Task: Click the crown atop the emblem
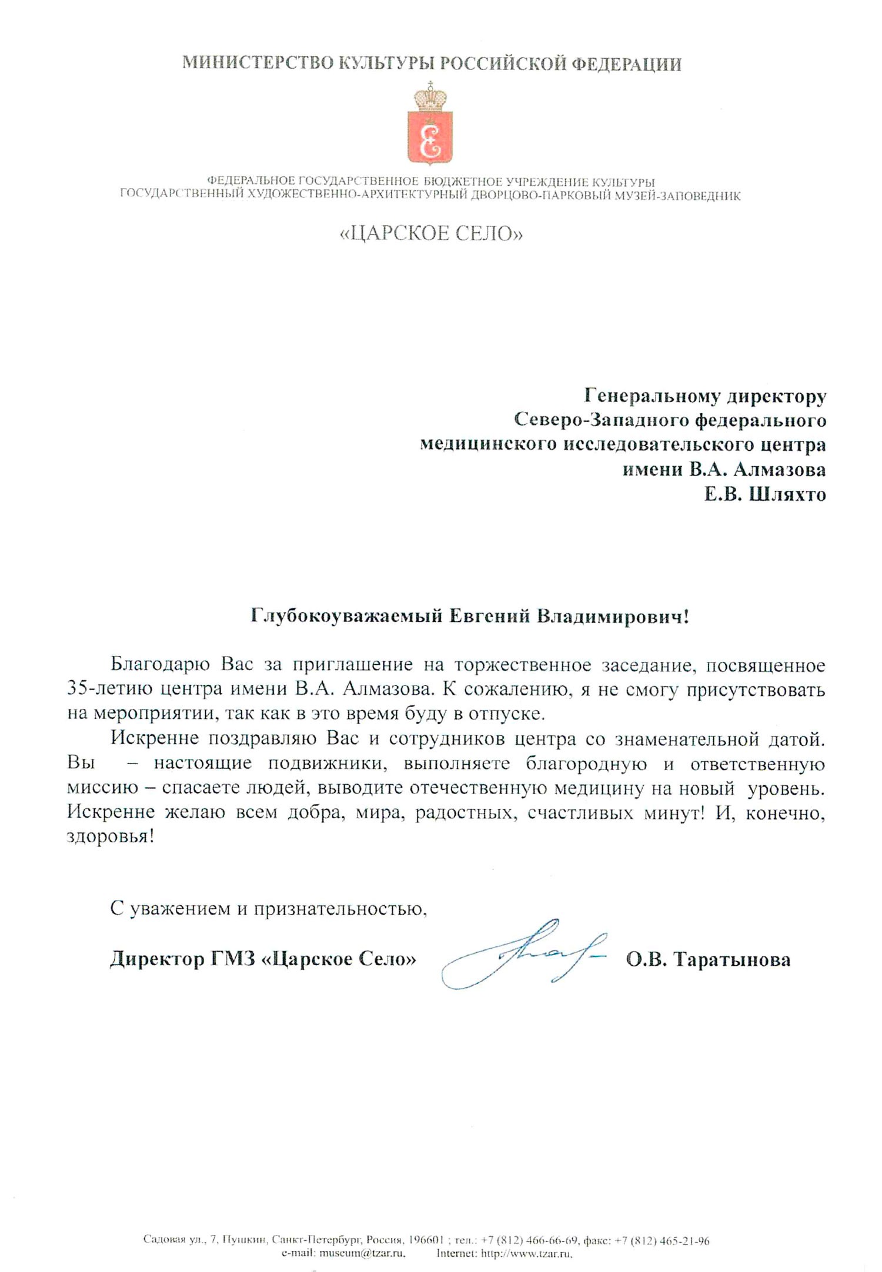[430, 96]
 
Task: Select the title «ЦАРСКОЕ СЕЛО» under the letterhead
[431, 234]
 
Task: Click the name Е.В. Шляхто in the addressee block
[765, 494]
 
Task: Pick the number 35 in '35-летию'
[78, 689]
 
